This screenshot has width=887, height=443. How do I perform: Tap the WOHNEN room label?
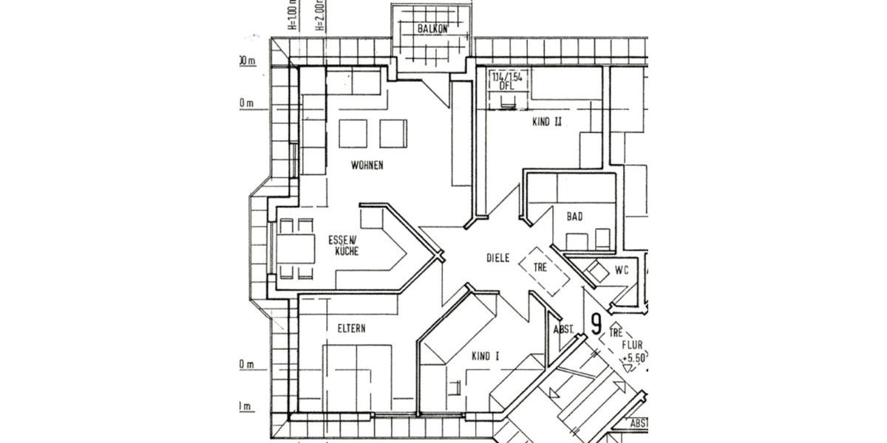[367, 165]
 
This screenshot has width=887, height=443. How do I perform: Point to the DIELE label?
[499, 258]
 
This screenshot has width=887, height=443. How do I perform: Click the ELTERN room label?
[352, 329]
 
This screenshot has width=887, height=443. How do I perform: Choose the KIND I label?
[486, 356]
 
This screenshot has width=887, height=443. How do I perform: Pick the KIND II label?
[547, 123]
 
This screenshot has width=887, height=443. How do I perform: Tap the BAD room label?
[574, 216]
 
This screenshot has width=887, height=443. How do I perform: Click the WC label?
[621, 271]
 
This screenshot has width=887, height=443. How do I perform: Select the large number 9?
[596, 325]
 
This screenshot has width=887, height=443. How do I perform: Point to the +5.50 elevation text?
[633, 357]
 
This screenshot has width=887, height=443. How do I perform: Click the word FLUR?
[631, 344]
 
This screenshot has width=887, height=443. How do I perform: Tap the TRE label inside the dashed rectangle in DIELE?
[540, 267]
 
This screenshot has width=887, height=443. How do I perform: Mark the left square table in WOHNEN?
[353, 134]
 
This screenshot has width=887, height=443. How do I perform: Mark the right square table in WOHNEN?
[393, 134]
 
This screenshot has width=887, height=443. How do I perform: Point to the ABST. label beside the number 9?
[564, 329]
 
